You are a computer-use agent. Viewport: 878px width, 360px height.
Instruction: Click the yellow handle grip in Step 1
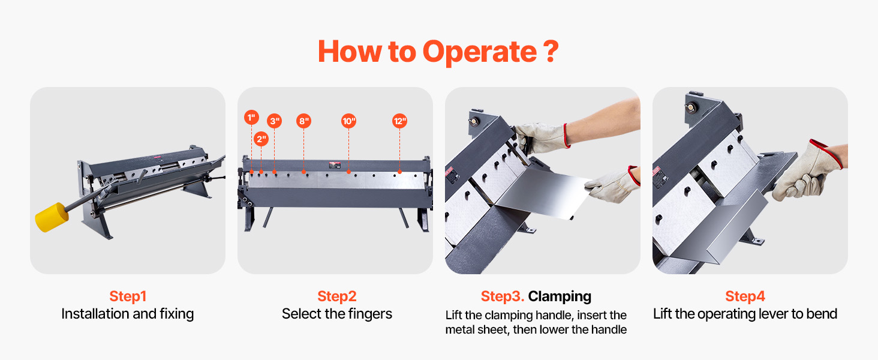click(52, 217)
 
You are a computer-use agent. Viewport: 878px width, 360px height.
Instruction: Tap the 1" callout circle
click(251, 117)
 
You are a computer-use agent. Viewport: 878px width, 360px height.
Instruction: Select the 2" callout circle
click(261, 139)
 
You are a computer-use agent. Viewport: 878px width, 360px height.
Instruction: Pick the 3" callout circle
click(275, 121)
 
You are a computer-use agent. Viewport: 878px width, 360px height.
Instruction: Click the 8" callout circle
click(304, 121)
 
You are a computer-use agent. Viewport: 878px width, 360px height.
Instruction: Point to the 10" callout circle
click(349, 121)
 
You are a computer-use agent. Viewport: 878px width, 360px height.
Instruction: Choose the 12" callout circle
click(400, 121)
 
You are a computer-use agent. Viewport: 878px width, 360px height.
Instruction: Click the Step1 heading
click(128, 296)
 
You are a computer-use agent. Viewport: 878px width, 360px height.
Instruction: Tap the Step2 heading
click(336, 296)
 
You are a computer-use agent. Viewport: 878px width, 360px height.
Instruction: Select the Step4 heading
click(745, 296)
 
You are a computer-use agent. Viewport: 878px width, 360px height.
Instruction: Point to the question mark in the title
click(551, 52)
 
